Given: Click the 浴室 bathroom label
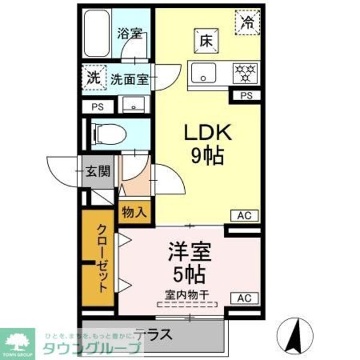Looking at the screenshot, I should (129, 34).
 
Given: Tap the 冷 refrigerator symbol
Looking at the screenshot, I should (247, 23).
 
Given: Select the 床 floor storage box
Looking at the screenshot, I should (205, 41).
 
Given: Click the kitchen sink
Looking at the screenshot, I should (205, 73).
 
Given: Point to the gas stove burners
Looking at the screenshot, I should (245, 73).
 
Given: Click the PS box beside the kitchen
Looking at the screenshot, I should (246, 95).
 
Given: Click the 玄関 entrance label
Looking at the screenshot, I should (97, 171).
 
